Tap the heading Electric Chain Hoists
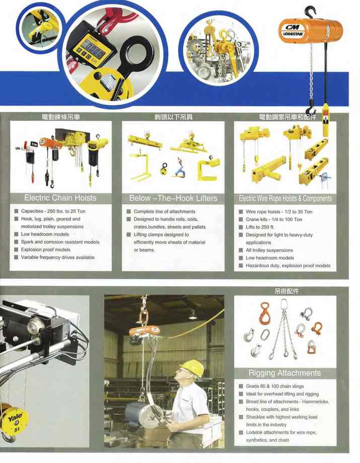[x=60, y=198]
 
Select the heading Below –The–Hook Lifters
[x=173, y=198]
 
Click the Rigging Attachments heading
[x=284, y=373]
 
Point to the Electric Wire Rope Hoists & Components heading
[x=285, y=198]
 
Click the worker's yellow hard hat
[x=192, y=367]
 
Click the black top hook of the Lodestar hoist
[x=310, y=12]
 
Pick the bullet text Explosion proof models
[x=45, y=250]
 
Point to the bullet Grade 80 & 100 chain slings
[x=275, y=386]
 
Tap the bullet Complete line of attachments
[x=165, y=211]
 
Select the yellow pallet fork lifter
[x=141, y=166]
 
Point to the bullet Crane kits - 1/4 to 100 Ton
[x=274, y=219]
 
